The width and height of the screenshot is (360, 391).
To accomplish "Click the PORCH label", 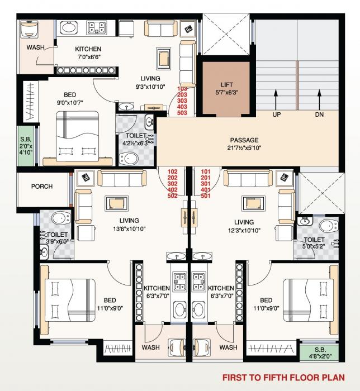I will point(42,187).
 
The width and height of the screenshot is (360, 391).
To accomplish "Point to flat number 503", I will point(182,113).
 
